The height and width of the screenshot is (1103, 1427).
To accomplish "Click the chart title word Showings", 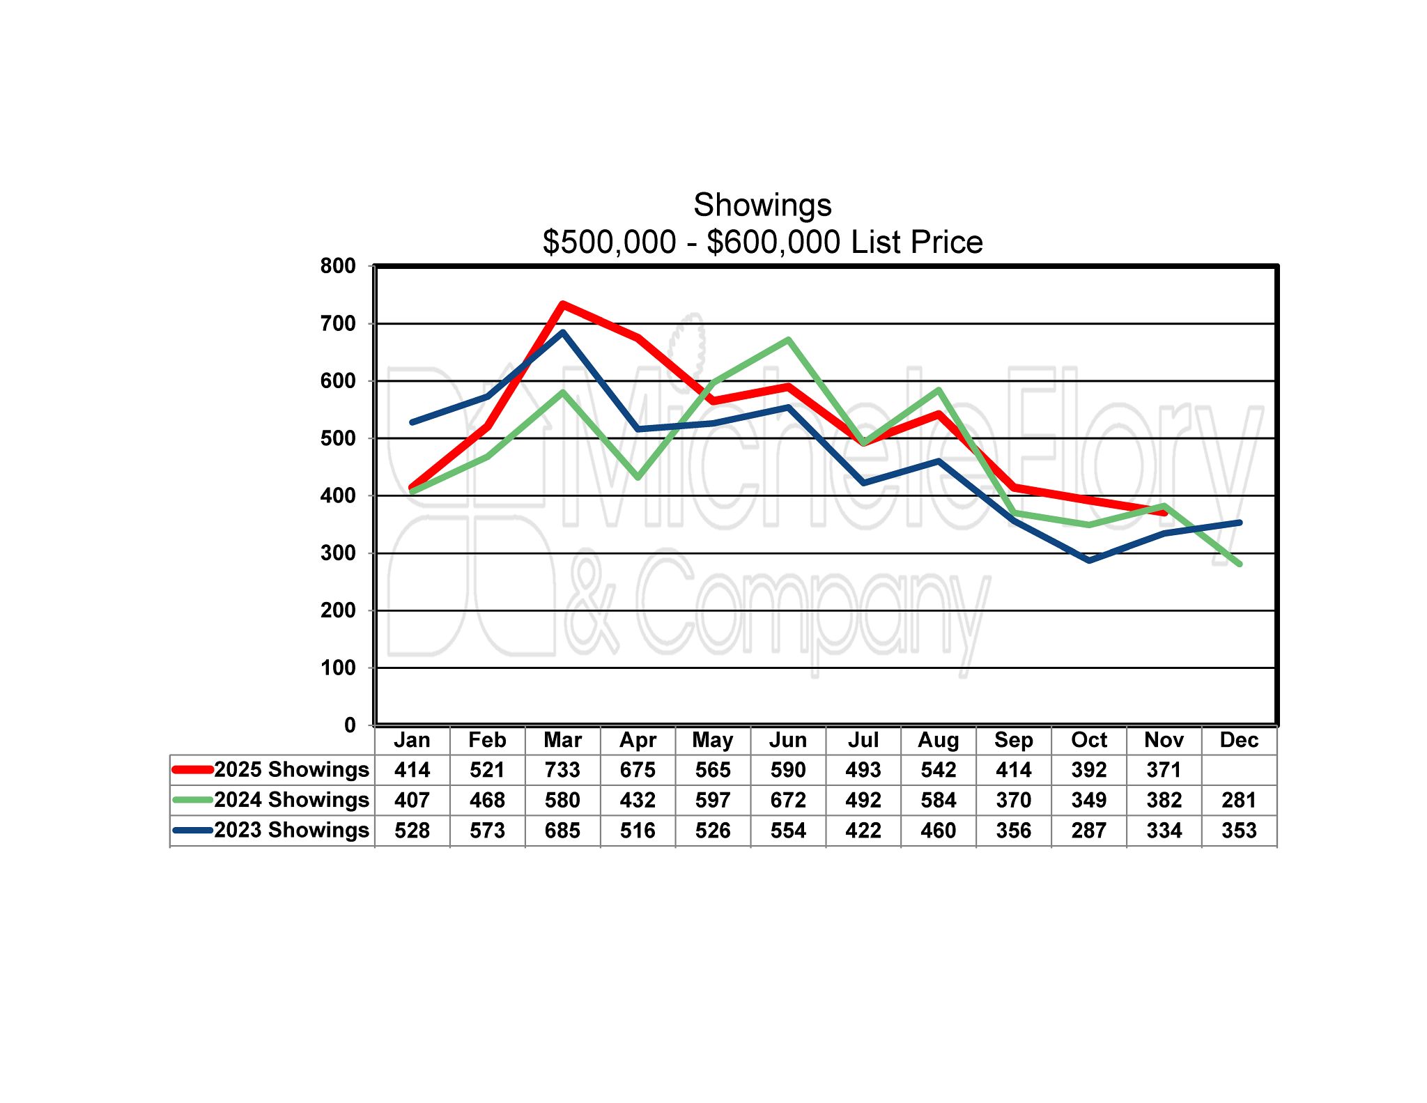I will pyautogui.click(x=762, y=205).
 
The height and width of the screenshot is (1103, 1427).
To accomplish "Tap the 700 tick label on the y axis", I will pyautogui.click(x=338, y=323).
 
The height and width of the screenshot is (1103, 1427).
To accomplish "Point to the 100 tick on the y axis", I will pyautogui.click(x=338, y=668).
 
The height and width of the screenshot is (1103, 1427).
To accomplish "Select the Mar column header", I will pyautogui.click(x=562, y=740).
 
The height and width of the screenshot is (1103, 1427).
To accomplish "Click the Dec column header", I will pyautogui.click(x=1239, y=740).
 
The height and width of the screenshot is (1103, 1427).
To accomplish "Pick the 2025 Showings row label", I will pyautogui.click(x=291, y=769).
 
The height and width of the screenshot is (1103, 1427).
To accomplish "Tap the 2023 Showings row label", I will pyautogui.click(x=291, y=830).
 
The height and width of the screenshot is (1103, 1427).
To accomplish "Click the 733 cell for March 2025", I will pyautogui.click(x=562, y=770).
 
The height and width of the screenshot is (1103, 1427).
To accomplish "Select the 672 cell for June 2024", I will pyautogui.click(x=788, y=800).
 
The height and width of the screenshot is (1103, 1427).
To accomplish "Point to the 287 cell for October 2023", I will pyautogui.click(x=1088, y=831).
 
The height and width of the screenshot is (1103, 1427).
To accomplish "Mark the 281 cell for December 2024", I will pyautogui.click(x=1239, y=800).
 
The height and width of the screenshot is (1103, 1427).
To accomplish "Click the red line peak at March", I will pyautogui.click(x=562, y=304).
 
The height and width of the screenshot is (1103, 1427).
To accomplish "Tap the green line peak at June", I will pyautogui.click(x=788, y=340).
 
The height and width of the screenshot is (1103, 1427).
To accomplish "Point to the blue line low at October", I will pyautogui.click(x=1088, y=560).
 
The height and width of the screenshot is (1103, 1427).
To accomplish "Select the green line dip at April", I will pyautogui.click(x=638, y=477).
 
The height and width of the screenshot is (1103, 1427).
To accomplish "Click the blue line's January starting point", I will pyautogui.click(x=412, y=422).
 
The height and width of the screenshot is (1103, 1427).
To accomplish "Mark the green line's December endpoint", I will pyautogui.click(x=1239, y=564).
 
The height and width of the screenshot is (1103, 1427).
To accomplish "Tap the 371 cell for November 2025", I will pyautogui.click(x=1164, y=770).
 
